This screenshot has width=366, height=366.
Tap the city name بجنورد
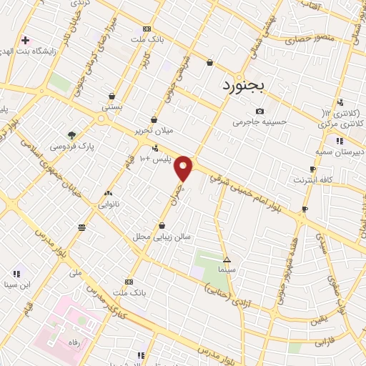[x=241, y=85]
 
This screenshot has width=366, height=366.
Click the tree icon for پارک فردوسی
[x=71, y=134]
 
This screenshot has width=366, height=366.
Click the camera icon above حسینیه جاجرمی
[x=259, y=111]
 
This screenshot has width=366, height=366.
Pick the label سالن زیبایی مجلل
[x=159, y=236]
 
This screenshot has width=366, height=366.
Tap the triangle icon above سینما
[x=227, y=259]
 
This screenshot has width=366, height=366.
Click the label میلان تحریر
[x=155, y=131]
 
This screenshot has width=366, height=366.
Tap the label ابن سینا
[x=16, y=285]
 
